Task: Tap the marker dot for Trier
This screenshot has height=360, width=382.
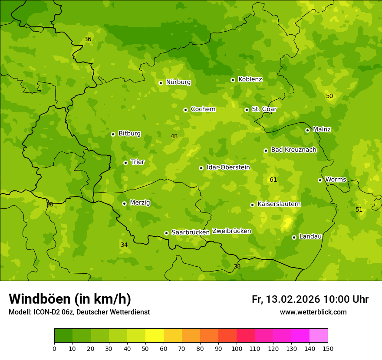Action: (125, 163)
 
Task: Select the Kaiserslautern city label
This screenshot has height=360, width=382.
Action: (279, 204)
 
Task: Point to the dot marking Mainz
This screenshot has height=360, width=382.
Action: (307, 130)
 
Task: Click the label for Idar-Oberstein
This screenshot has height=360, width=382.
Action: (228, 167)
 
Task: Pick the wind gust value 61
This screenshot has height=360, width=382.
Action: (273, 180)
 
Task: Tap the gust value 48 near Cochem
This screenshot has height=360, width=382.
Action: (174, 137)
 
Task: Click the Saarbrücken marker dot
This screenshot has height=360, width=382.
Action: (166, 233)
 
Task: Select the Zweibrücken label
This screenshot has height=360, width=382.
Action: (231, 231)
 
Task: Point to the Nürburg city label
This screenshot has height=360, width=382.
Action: (178, 82)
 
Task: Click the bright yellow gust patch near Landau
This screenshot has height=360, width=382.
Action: (286, 223)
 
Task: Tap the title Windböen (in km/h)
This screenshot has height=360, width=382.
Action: (70, 299)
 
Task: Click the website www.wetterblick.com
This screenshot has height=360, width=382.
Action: (313, 312)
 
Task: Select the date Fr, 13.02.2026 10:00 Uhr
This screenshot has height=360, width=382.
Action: (310, 299)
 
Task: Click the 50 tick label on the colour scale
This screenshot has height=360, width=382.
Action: (145, 348)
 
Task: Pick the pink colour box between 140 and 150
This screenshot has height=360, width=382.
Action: (319, 336)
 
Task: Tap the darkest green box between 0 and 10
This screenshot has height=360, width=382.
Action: (63, 336)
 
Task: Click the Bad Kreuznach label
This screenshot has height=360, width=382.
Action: (293, 150)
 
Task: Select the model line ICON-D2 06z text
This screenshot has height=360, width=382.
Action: (79, 312)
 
